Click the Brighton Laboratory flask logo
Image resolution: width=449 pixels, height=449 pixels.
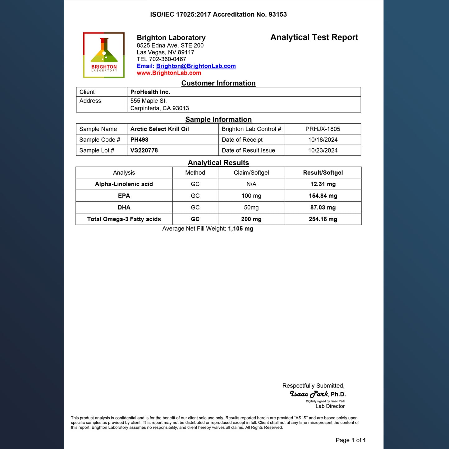[104, 55]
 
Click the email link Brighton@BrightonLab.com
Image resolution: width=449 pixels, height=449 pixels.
[196, 66]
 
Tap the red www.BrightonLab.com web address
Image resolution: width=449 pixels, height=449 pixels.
[169, 73]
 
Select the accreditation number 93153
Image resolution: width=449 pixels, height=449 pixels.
[277, 15]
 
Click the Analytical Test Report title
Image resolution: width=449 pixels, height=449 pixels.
[314, 37]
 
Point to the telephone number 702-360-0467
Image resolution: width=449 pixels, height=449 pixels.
[167, 59]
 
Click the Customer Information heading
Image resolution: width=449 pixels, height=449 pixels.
[218, 83]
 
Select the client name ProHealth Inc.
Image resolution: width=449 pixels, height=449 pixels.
[150, 92]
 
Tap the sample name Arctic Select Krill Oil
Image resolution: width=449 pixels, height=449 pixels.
[159, 129]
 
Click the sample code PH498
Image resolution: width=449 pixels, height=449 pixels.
[139, 140]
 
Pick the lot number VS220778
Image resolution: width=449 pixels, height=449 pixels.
[144, 150]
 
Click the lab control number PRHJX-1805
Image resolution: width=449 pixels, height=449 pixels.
[323, 129]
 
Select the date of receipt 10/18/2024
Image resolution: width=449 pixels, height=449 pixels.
[323, 140]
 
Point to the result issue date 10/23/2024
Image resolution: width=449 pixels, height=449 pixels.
[323, 150]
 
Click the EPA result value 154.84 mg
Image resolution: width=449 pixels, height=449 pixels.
[323, 196]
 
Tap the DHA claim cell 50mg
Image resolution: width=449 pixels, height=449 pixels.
[251, 208]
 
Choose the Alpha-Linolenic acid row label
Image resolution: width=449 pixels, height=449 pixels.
[124, 184]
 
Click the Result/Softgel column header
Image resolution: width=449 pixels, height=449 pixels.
[323, 173]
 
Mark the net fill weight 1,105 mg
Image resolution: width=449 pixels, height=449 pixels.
[241, 229]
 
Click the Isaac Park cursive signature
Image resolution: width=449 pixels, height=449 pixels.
[309, 394]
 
